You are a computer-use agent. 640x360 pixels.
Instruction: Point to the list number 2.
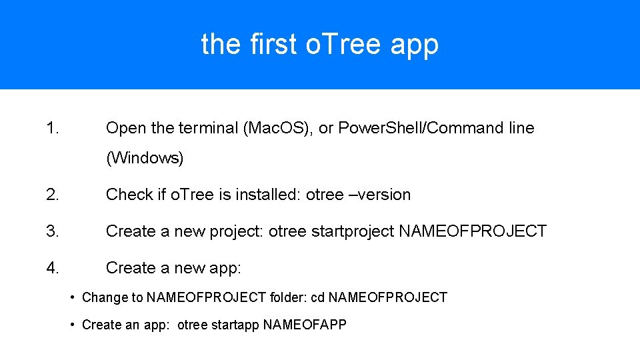(x=53, y=195)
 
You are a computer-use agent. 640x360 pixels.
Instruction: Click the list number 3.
(x=53, y=231)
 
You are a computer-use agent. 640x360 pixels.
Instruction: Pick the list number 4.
(x=53, y=268)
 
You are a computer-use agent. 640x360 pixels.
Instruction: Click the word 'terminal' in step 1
(x=206, y=128)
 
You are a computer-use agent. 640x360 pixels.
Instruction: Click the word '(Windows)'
(x=145, y=159)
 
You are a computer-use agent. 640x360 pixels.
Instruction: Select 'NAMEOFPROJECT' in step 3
(x=472, y=231)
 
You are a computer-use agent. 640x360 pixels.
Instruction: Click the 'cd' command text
(x=317, y=297)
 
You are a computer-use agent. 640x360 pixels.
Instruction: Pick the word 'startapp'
(x=235, y=325)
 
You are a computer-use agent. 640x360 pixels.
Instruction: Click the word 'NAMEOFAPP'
(x=305, y=325)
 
